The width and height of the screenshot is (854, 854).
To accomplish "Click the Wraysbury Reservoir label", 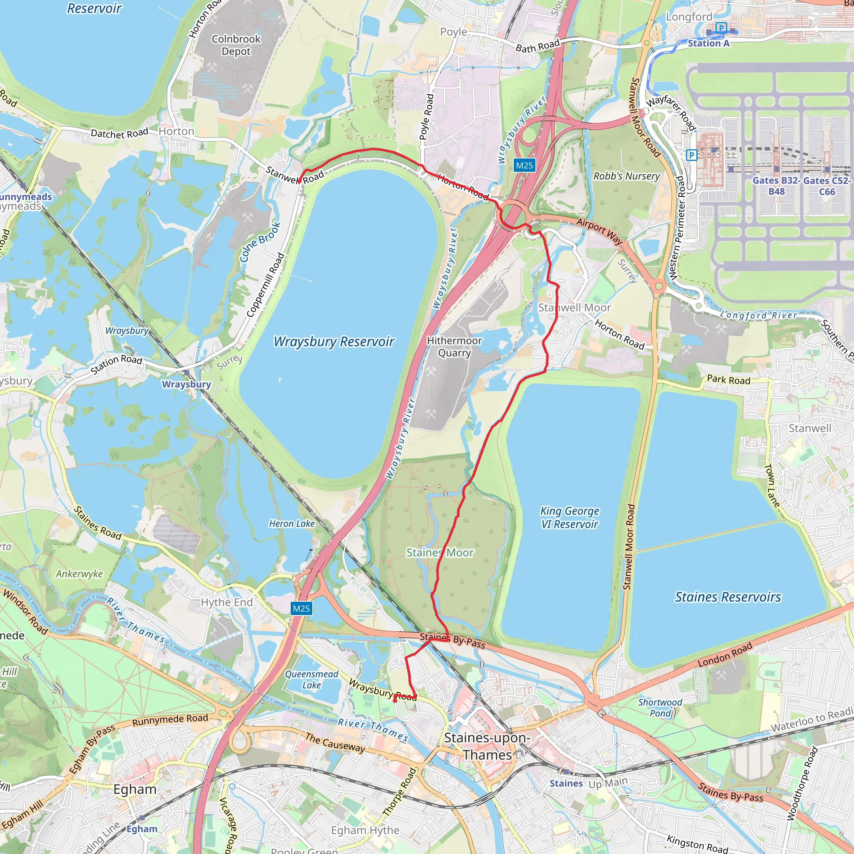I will point(334,342).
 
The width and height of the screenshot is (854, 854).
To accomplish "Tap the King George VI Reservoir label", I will point(569,517).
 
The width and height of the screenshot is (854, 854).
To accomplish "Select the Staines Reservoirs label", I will point(728,597).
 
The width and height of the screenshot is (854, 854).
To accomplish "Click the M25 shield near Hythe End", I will point(301,608).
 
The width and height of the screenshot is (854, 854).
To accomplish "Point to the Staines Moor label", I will point(440,553).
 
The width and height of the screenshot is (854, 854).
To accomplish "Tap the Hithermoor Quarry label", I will point(455,347).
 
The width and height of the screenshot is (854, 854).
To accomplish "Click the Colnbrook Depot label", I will point(236,45).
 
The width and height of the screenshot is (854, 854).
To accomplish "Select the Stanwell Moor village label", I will point(574,308).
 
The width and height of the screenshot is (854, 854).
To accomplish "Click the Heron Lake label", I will point(292,524).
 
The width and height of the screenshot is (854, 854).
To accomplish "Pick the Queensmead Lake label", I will point(311,679).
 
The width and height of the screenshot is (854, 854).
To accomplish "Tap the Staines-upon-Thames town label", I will point(487,746).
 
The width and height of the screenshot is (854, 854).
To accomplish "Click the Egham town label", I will point(135,789).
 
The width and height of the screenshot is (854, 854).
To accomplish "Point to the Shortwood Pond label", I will point(660,708).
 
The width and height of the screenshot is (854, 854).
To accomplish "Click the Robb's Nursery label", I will point(626,176).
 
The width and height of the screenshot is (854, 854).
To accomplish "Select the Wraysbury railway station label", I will point(186,384).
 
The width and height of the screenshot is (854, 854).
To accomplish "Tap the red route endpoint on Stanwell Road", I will point(299,181).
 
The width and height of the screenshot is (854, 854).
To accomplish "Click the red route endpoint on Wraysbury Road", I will point(395,700).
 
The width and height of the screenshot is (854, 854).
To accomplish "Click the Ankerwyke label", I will point(79,574).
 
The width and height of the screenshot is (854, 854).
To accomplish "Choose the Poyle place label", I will point(454,32).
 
